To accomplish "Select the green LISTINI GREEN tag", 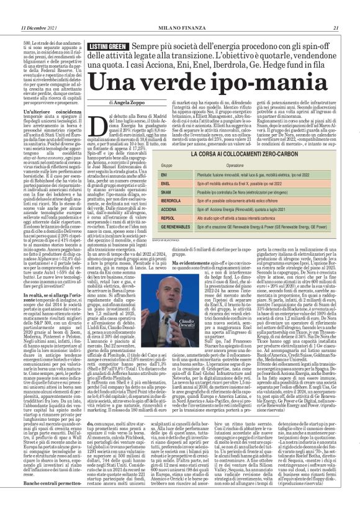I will tap(107, 47).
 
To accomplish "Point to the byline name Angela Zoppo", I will tap(134, 102).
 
